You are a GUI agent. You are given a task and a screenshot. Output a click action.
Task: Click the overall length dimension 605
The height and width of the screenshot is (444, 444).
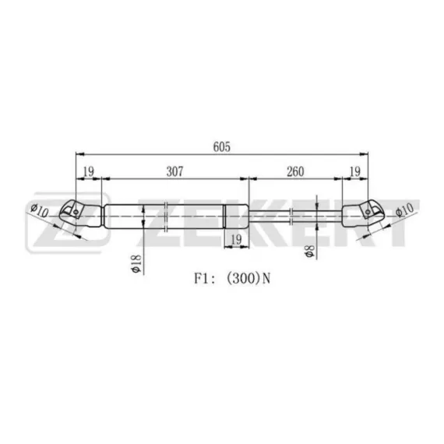click(x=222, y=146)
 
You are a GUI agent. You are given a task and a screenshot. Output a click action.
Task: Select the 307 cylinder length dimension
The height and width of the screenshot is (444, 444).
click(x=174, y=171)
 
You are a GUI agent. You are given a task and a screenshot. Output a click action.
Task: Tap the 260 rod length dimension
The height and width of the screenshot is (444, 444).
click(x=295, y=171)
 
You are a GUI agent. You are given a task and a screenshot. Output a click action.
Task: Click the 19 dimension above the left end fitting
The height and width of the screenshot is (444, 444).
click(x=88, y=171)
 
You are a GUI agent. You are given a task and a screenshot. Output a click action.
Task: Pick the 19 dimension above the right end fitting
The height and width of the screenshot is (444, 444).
click(x=355, y=171)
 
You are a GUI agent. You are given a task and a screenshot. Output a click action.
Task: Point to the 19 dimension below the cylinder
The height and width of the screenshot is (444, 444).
click(x=236, y=240)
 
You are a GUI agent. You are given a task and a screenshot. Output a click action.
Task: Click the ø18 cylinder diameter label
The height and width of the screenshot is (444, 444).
click(x=136, y=263)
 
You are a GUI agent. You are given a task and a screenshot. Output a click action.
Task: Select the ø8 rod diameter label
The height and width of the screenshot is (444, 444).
click(x=310, y=251)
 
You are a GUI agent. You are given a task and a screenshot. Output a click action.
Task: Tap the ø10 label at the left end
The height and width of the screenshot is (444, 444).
click(x=40, y=210)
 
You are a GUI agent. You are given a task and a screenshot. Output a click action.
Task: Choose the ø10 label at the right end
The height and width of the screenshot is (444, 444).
click(x=404, y=210)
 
